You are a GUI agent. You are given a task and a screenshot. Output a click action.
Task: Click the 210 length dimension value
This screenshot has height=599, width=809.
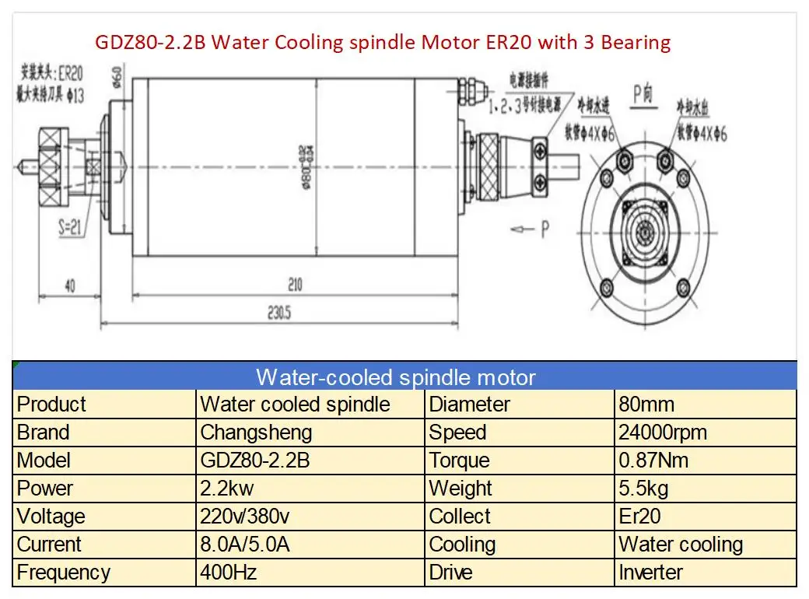293,285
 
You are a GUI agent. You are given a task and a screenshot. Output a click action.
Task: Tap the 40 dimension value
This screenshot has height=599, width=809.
69,286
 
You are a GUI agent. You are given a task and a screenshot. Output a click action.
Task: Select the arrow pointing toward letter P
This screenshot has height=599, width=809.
522,229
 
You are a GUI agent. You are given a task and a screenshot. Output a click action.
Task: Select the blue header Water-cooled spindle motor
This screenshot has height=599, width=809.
396,378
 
